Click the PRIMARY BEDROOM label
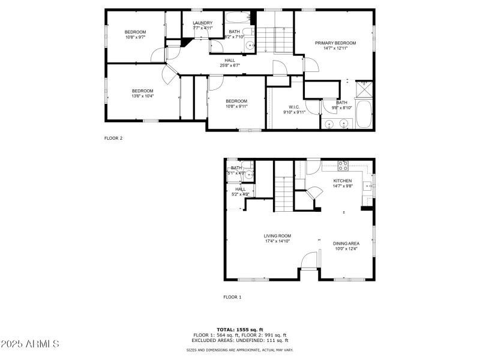pyautogui.click(x=335, y=43)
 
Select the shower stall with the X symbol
pyautogui.click(x=364, y=91)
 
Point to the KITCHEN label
pyautogui.click(x=343, y=181)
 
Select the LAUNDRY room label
pyautogui.click(x=202, y=23)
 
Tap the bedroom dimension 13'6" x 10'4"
pyautogui.click(x=143, y=96)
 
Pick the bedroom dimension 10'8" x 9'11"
pyautogui.click(x=236, y=106)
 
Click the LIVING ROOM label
pyautogui.click(x=277, y=236)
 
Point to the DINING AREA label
pyautogui.click(x=346, y=243)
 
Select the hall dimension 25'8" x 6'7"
pyautogui.click(x=230, y=65)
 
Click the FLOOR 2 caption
pyautogui.click(x=113, y=138)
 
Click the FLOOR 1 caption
pyautogui.click(x=232, y=297)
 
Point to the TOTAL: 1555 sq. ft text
pyautogui.click(x=239, y=330)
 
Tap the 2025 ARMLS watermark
pyautogui.click(x=30, y=344)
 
